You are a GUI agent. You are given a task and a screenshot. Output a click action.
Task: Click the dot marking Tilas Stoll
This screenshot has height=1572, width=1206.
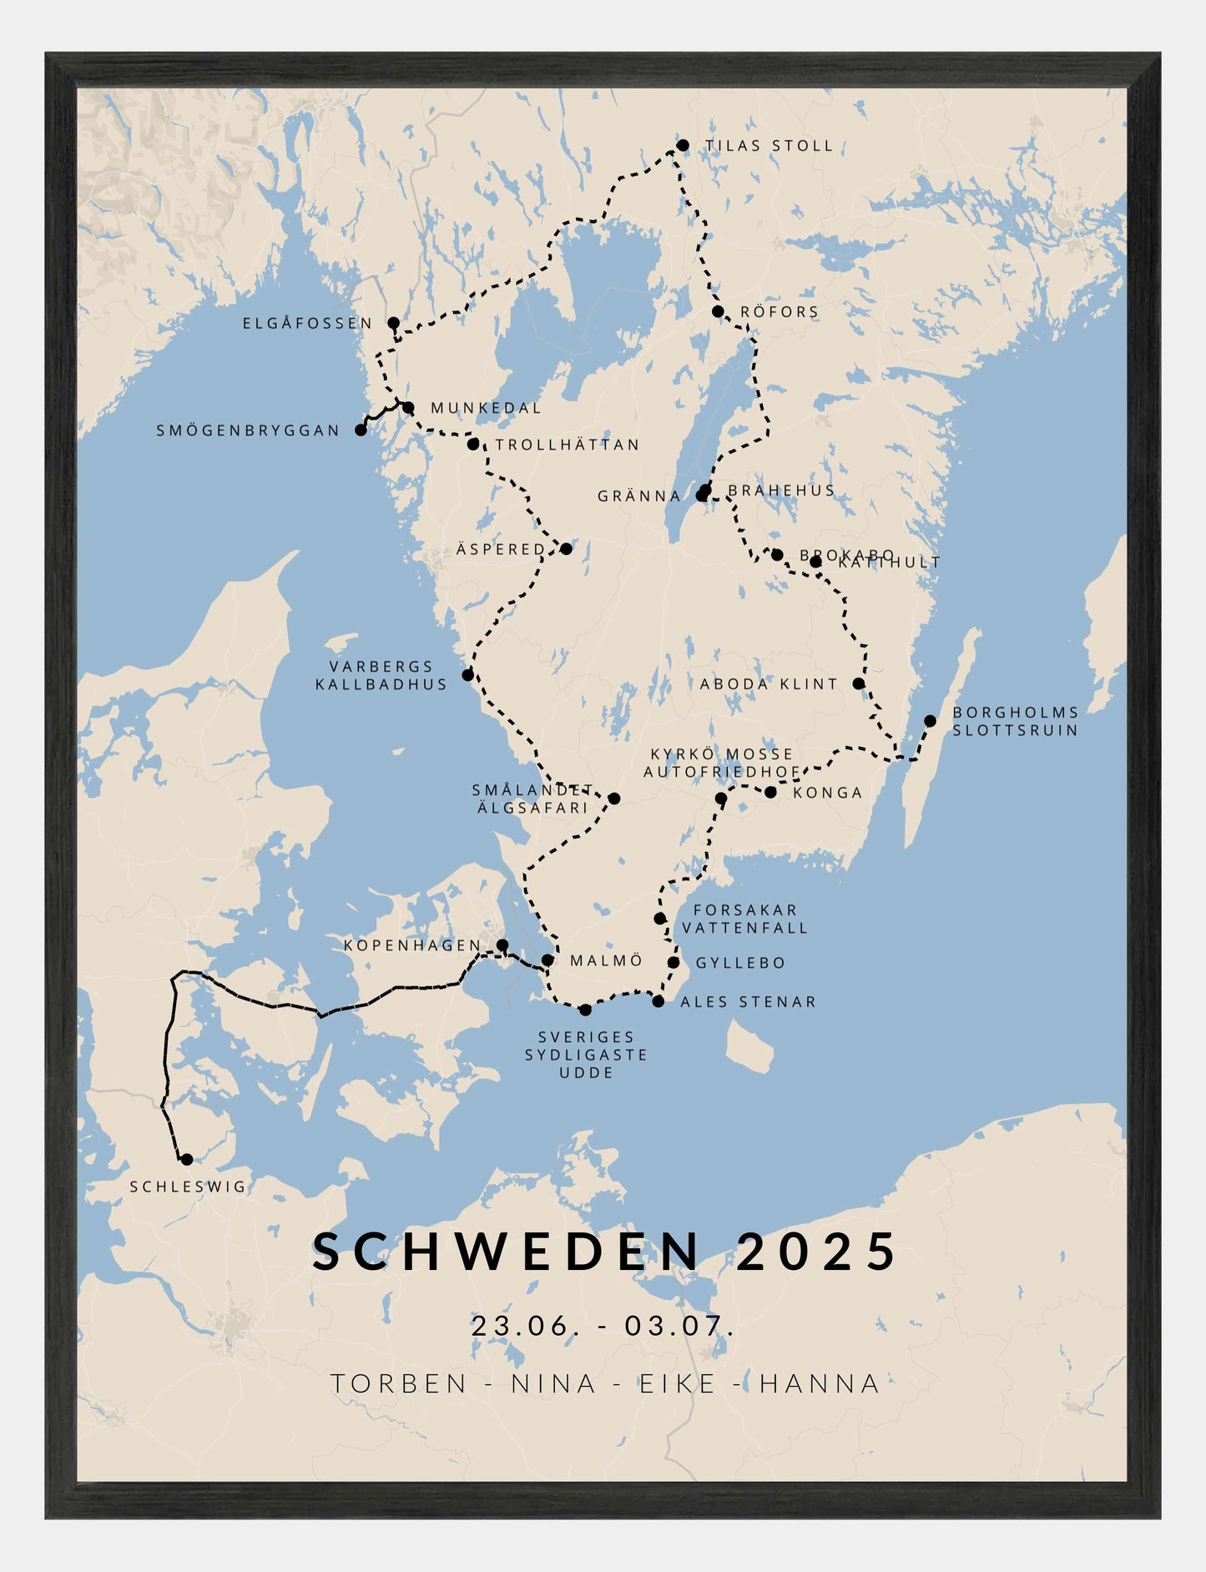(x=682, y=145)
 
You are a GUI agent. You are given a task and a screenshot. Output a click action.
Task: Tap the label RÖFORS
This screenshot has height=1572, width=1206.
(x=780, y=312)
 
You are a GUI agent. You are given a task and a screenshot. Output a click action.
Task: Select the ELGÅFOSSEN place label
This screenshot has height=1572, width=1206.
(x=307, y=323)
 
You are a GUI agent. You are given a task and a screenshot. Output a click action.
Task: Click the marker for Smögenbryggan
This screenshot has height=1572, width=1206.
(x=361, y=430)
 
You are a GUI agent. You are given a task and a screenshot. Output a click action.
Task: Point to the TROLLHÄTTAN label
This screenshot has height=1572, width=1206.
(x=568, y=445)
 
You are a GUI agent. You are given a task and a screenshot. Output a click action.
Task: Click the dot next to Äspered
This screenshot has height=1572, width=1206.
(x=566, y=548)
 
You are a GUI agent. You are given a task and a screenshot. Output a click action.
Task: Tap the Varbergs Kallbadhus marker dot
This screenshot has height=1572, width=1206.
(x=467, y=674)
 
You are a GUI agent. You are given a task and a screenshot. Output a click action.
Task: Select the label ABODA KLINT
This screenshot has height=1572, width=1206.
(x=769, y=683)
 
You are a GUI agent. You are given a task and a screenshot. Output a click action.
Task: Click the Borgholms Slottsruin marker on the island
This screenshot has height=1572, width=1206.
(x=930, y=720)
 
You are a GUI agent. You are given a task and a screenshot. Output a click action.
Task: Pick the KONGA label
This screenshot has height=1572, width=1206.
(x=827, y=793)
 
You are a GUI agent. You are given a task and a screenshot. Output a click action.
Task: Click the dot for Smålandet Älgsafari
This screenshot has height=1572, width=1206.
(x=613, y=799)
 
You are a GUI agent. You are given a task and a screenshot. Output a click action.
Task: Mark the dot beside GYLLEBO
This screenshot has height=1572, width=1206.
(x=674, y=962)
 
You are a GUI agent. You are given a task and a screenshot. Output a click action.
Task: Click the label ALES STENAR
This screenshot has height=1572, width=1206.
(x=748, y=1002)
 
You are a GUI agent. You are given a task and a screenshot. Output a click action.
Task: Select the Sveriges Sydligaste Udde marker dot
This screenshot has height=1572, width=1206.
(x=585, y=1010)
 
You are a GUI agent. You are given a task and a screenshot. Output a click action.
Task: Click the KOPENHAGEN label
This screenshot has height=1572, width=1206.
(x=412, y=945)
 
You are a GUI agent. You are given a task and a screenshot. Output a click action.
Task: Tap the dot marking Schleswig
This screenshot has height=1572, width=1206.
(x=186, y=1159)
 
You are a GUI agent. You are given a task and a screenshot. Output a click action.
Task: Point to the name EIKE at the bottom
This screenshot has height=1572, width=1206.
(x=678, y=1383)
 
